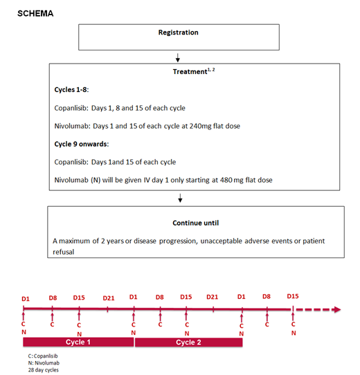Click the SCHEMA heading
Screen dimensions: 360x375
click(35, 13)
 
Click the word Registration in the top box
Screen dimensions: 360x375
click(179, 33)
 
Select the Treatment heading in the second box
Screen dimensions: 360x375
click(190, 72)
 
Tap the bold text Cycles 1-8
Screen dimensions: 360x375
click(71, 90)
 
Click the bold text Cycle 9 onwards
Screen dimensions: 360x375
click(82, 144)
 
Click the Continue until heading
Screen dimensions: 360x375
click(195, 223)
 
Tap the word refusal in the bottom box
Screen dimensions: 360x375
click(64, 252)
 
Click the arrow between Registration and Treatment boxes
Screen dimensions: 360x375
click(178, 57)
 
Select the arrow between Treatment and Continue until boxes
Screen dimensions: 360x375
click(180, 198)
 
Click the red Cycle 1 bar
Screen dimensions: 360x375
click(78, 342)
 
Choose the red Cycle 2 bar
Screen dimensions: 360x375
click(188, 342)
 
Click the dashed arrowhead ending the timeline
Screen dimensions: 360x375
click(338, 309)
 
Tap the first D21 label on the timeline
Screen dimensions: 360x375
click(109, 298)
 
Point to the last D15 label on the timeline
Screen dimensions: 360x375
click(293, 296)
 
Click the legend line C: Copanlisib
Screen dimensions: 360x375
click(43, 356)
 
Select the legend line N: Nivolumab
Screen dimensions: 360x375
click(44, 363)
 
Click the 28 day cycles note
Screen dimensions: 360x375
click(44, 370)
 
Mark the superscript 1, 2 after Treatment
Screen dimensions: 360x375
click(211, 70)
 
